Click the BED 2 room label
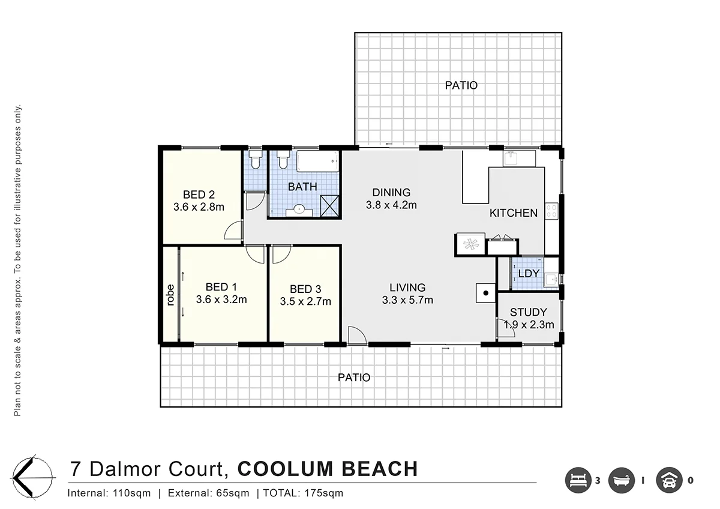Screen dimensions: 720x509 199,194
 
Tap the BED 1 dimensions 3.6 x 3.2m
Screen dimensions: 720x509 221,300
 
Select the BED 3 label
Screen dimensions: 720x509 305,289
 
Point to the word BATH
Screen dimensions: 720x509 302,187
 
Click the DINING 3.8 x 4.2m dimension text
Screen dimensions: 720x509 391,205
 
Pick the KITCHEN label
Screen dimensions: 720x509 513,213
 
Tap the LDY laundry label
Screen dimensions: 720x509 529,274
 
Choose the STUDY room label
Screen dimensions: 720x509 528,312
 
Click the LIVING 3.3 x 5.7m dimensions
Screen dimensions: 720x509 407,301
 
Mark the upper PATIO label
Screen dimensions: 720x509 461,85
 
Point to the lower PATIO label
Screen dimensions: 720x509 353,378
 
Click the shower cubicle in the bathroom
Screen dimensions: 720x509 329,205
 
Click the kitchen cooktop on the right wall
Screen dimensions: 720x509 551,211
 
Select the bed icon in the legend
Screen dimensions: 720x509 578,480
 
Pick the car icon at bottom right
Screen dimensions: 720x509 670,480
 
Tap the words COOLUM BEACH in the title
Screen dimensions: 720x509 328,468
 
